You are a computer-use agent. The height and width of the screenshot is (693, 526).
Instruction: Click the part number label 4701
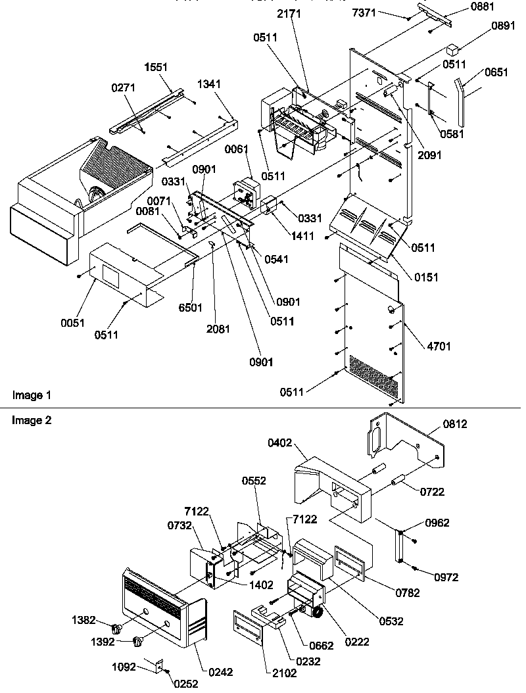(x=438, y=346)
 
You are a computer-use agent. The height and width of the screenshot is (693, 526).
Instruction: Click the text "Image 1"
(x=32, y=395)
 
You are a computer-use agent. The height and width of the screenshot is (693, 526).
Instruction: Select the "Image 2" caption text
(x=32, y=420)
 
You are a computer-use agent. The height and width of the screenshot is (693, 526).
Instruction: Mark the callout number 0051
(x=73, y=323)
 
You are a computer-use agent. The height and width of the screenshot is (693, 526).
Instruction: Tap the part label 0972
(x=446, y=578)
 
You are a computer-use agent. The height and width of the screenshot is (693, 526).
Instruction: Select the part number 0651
(x=496, y=73)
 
